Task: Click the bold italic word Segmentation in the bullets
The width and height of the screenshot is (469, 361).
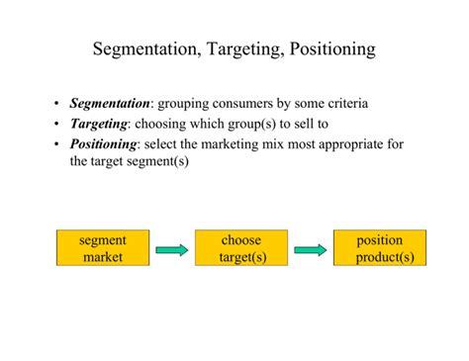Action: [x=110, y=104]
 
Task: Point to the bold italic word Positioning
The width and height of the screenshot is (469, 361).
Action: [x=103, y=144]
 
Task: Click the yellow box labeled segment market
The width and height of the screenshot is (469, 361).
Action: [x=103, y=247]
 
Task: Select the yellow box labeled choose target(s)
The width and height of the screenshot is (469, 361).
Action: [x=240, y=247]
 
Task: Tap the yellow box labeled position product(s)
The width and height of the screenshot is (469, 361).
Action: [x=380, y=247]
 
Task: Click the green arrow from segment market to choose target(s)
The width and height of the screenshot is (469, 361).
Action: [x=171, y=250]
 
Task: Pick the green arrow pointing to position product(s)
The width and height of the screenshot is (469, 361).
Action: [x=310, y=250]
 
